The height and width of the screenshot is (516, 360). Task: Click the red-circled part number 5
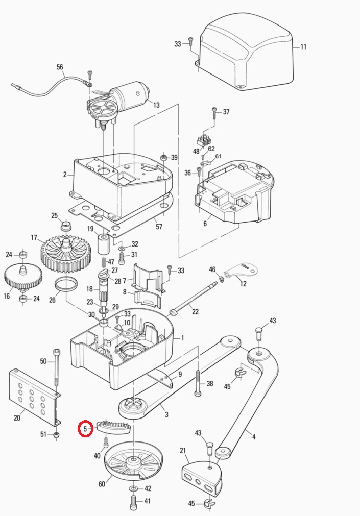85,429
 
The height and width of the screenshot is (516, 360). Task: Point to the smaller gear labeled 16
23,278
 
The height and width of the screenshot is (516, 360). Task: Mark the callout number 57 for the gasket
158,227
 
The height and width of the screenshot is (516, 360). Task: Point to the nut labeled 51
56,435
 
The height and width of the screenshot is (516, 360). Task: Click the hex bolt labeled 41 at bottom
133,502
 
